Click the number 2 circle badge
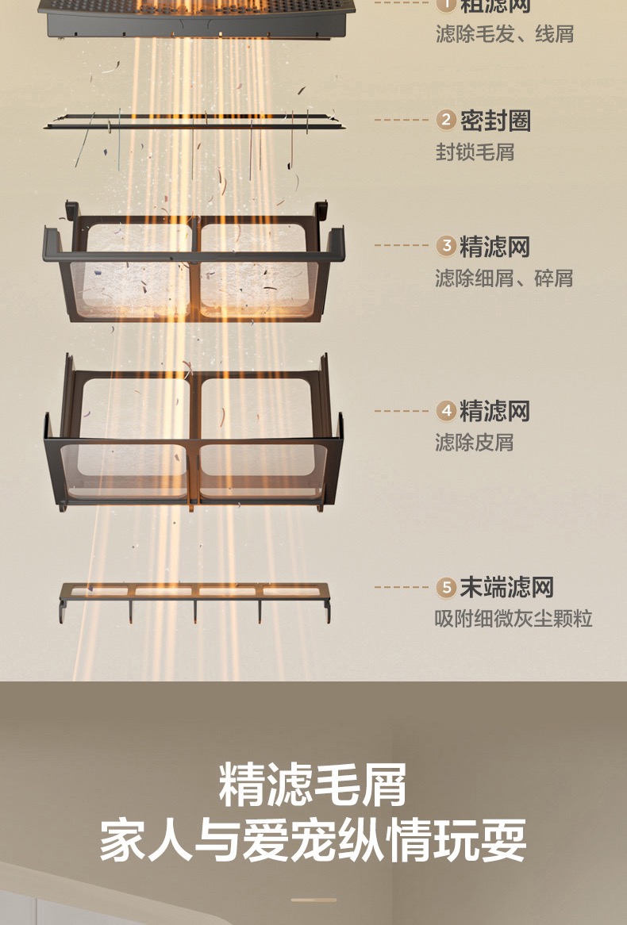(x=447, y=121)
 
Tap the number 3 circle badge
(x=447, y=246)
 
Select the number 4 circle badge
(x=447, y=411)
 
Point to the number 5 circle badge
(x=447, y=588)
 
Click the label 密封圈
(x=495, y=121)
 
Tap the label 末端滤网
(x=506, y=588)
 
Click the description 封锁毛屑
(x=475, y=152)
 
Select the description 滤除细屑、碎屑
(x=503, y=278)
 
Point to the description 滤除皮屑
(x=475, y=442)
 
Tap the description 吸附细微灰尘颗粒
(x=514, y=619)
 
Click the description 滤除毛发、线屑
(x=504, y=34)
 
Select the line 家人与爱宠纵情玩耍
(x=313, y=841)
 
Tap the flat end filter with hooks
(x=194, y=593)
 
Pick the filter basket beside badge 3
(x=194, y=262)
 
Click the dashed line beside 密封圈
(x=402, y=121)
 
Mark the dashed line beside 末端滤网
(x=402, y=588)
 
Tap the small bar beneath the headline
(x=313, y=900)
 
